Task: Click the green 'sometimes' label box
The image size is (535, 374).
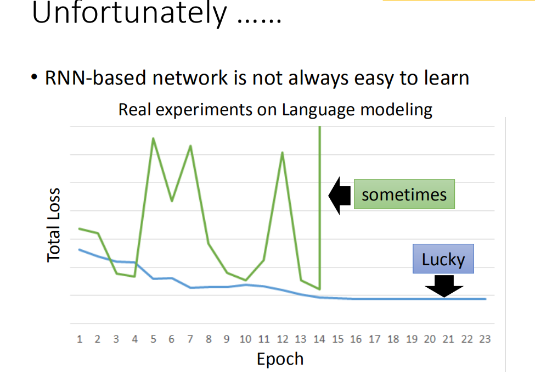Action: click(x=404, y=194)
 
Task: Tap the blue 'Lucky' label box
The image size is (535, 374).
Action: click(x=443, y=259)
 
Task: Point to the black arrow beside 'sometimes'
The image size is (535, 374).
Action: click(x=340, y=196)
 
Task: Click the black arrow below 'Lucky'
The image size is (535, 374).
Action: click(x=444, y=286)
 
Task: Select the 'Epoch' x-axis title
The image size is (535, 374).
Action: click(x=280, y=359)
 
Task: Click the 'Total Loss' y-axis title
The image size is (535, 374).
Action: click(x=54, y=225)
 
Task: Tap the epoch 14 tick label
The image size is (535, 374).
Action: click(x=319, y=339)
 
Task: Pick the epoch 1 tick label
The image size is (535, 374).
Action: click(x=80, y=339)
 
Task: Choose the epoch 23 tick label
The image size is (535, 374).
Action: click(x=485, y=339)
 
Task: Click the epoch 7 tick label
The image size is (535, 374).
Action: click(x=190, y=339)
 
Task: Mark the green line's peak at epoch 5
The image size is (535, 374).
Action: click(x=154, y=138)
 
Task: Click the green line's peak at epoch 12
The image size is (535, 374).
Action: click(x=283, y=153)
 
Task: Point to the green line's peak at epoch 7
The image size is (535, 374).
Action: click(x=190, y=146)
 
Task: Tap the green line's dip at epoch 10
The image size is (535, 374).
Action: click(x=246, y=281)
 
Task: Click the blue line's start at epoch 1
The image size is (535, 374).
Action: click(x=80, y=250)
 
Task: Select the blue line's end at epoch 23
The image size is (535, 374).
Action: click(x=485, y=299)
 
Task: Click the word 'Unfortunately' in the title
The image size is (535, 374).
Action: click(x=129, y=13)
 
